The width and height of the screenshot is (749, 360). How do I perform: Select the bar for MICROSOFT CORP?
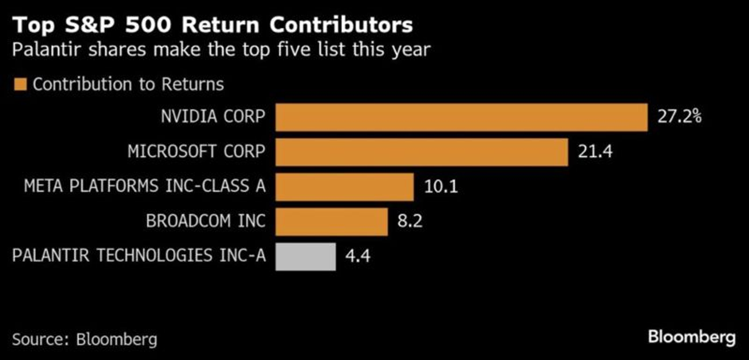[x=422, y=151]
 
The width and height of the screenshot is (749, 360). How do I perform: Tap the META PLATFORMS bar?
[x=344, y=187]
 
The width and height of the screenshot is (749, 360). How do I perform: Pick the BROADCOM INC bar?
[x=331, y=221]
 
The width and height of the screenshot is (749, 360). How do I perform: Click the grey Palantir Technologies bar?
[x=305, y=256]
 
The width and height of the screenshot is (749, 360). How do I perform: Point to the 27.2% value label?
[x=679, y=117]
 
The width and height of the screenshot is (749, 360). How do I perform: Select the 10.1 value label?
[x=439, y=187]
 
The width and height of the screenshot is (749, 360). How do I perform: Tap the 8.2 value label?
[x=409, y=221]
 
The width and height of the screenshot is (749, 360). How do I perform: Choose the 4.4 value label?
[x=357, y=256]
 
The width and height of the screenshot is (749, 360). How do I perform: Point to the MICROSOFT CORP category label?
[x=196, y=152]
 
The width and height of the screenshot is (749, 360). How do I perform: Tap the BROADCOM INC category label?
[x=206, y=221]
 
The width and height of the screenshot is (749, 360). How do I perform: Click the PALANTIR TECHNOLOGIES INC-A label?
[x=137, y=256]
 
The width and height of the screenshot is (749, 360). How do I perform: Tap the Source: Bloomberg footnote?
[x=84, y=338]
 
